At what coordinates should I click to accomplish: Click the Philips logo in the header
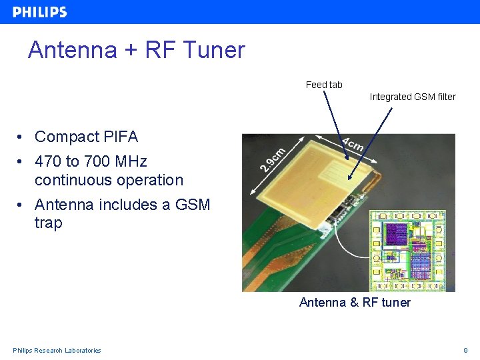[x=40, y=12]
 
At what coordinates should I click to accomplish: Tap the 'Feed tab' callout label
[x=324, y=85]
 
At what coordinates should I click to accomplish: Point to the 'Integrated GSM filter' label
[x=413, y=97]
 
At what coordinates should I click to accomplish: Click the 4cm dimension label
[x=353, y=144]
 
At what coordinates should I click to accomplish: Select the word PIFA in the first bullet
[x=121, y=137]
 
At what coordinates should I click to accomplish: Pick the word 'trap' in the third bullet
[x=48, y=223]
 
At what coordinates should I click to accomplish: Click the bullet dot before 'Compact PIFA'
[x=22, y=137]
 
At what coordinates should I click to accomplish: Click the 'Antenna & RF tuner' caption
[x=355, y=303]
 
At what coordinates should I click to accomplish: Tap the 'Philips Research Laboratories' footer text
[x=57, y=351]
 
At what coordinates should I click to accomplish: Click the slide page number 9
[x=465, y=351]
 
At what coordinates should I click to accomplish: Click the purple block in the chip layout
[x=397, y=234]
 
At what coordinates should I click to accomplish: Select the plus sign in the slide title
[x=125, y=51]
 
